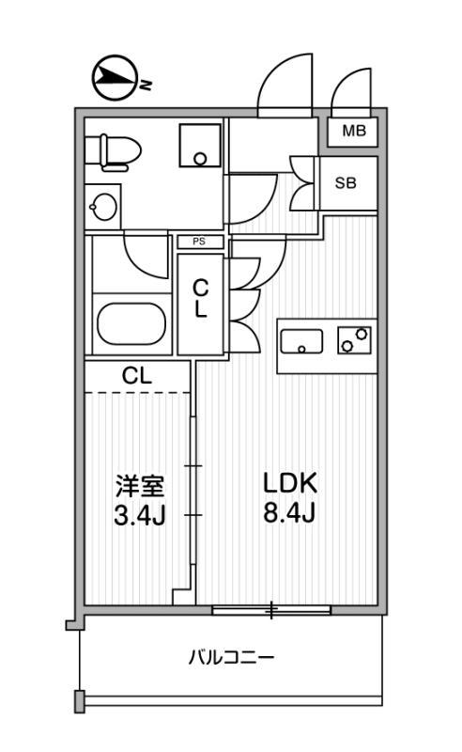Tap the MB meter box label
coord(354,131)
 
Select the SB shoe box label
coord(346,182)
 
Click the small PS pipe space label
coord(199,242)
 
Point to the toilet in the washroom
coord(113,152)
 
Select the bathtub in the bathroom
coord(131,324)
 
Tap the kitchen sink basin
coord(301,341)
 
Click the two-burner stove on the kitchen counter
coord(355,340)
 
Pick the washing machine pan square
coord(200,146)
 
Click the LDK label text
coord(290,483)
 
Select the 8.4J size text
coord(289,512)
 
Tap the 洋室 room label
coord(140,487)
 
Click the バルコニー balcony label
coord(232,656)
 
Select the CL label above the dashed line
coord(136,376)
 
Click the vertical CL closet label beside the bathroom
coord(200,298)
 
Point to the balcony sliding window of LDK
coord(271,609)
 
